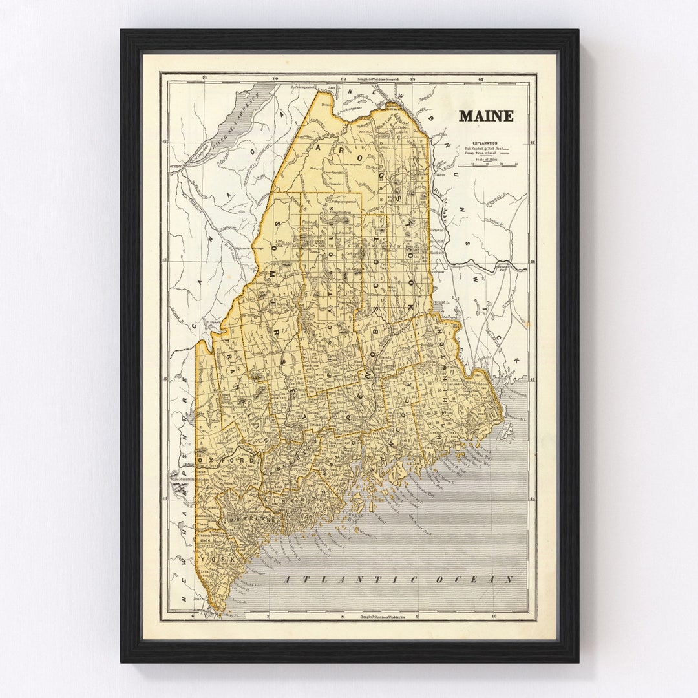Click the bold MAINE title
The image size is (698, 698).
(x=486, y=116)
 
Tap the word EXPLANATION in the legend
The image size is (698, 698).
(x=484, y=142)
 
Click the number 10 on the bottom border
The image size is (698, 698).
(x=494, y=617)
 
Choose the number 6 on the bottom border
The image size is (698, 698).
(x=193, y=617)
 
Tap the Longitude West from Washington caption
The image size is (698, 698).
(x=388, y=617)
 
